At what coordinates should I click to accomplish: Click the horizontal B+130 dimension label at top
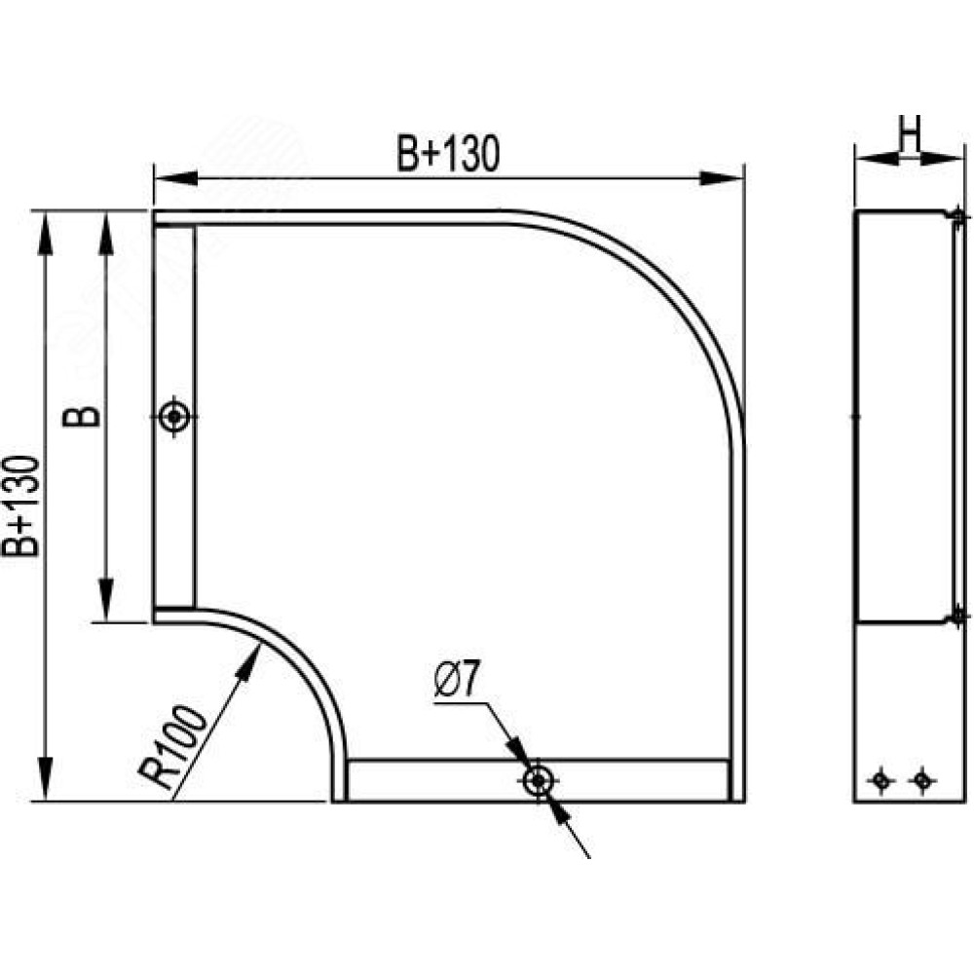pyautogui.click(x=448, y=154)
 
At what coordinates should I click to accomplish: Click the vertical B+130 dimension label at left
pyautogui.click(x=20, y=506)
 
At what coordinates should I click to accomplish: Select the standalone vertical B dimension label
pyautogui.click(x=82, y=417)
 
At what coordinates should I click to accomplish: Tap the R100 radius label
pyautogui.click(x=172, y=747)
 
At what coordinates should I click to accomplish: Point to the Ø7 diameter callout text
pyautogui.click(x=457, y=680)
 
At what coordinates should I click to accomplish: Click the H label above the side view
pyautogui.click(x=910, y=134)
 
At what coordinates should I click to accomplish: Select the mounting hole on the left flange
pyautogui.click(x=174, y=416)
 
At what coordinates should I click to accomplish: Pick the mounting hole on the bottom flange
pyautogui.click(x=538, y=780)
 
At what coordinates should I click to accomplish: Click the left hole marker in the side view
pyautogui.click(x=880, y=779)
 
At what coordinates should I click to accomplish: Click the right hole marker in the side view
pyautogui.click(x=922, y=779)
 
